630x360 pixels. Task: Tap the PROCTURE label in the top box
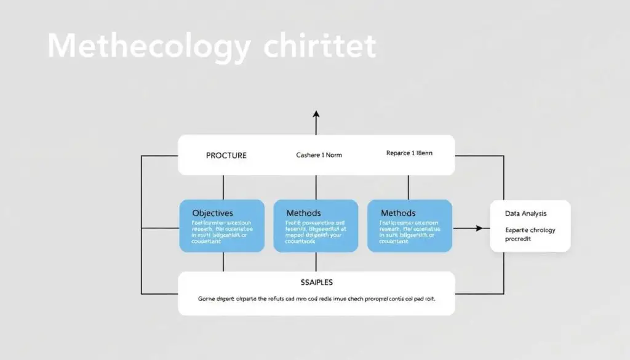(x=226, y=155)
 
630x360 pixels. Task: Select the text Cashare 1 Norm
(x=319, y=155)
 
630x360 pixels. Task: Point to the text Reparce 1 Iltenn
(x=409, y=153)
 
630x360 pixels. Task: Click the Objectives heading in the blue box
(x=212, y=213)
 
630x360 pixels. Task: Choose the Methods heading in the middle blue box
(x=303, y=213)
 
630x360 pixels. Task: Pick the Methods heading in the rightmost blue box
(x=398, y=213)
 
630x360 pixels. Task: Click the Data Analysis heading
(x=526, y=214)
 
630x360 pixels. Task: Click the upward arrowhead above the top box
(x=316, y=114)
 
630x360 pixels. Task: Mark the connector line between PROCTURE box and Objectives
(x=223, y=187)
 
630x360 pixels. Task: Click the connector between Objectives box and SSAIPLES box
(x=223, y=262)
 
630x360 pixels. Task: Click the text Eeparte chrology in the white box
(x=530, y=230)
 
